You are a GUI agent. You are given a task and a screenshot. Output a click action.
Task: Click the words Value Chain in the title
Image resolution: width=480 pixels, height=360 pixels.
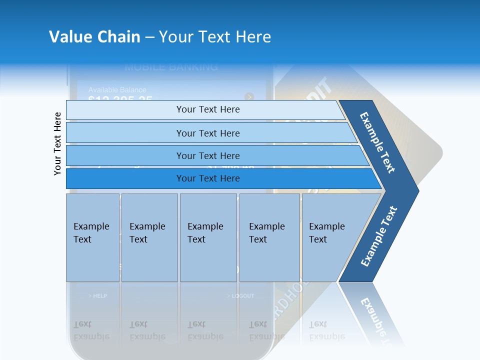(x=94, y=36)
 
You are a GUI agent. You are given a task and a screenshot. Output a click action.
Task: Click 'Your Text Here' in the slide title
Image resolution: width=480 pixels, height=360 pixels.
(x=215, y=36)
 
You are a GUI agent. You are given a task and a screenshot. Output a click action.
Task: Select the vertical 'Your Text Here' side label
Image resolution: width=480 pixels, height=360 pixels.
(x=58, y=143)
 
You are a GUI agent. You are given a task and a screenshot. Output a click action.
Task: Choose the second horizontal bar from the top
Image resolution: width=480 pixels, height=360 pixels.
(x=208, y=133)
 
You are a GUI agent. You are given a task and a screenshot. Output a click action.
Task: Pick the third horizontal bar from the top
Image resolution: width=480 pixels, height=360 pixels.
(x=208, y=155)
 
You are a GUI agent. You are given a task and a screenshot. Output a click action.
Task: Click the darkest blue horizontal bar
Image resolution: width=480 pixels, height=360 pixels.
(x=208, y=178)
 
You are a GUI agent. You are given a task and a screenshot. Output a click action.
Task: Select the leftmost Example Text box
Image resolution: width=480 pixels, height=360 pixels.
(x=92, y=237)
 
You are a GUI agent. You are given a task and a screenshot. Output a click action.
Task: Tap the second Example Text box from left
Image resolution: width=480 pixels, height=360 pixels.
(x=149, y=237)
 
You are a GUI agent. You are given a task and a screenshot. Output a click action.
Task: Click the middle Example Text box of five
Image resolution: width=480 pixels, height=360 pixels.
(x=208, y=237)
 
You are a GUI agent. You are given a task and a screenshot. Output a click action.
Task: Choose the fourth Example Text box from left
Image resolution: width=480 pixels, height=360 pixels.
(x=269, y=237)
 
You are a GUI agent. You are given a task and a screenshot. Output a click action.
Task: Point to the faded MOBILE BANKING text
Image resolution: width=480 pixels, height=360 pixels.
(x=171, y=67)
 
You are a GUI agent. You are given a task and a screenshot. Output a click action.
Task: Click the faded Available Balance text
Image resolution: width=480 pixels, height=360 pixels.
(x=117, y=90)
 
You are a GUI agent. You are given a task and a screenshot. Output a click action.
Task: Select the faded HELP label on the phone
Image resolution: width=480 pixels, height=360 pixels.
(x=98, y=296)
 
